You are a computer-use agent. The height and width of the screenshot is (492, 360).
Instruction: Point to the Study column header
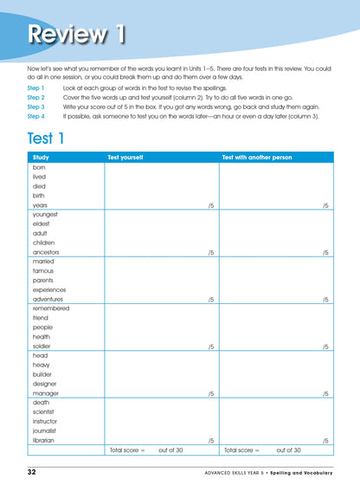tap(41, 158)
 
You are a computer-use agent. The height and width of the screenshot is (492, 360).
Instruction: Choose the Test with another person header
tap(257, 158)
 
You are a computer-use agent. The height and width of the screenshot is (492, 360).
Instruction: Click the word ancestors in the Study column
tap(47, 252)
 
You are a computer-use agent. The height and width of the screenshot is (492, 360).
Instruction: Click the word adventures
tap(48, 299)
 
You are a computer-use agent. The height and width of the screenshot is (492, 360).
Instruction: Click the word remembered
tap(51, 308)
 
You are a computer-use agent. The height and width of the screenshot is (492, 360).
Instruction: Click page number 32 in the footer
tap(31, 472)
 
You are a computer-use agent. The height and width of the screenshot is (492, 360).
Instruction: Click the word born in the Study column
tap(39, 167)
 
